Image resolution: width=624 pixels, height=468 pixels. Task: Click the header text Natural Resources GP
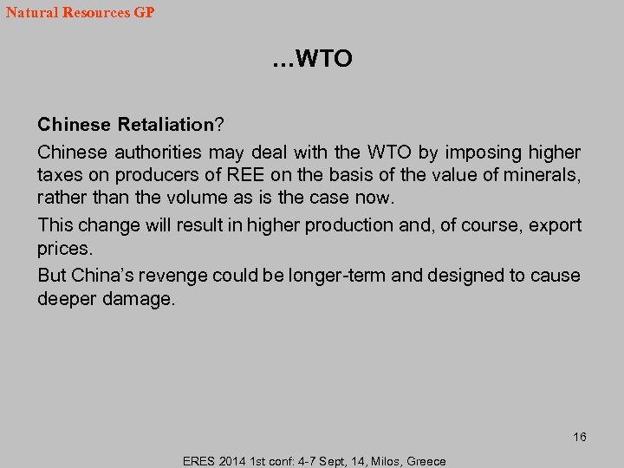80,13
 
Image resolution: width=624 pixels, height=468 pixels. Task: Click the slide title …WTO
312,59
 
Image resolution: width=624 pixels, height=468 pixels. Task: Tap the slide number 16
579,437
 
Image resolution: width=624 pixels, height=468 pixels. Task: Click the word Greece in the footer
426,461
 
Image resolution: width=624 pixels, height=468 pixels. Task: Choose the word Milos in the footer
380,461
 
